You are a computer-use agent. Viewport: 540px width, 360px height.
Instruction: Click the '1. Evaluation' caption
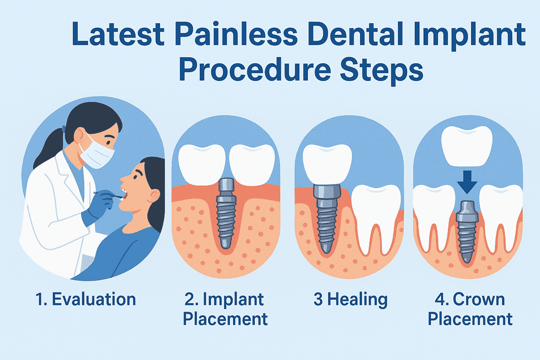pyautogui.click(x=86, y=299)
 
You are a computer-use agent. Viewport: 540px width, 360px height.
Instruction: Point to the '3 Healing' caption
pyautogui.click(x=350, y=299)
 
